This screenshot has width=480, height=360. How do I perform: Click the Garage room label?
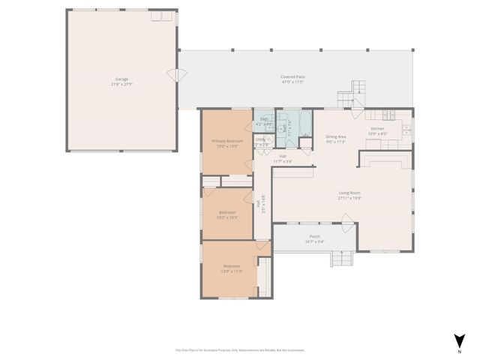[x=121, y=79]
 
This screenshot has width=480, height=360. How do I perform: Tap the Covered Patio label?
[x=292, y=77]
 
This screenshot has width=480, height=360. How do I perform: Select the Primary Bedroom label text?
[x=226, y=141]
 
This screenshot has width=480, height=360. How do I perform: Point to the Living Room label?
[x=349, y=193]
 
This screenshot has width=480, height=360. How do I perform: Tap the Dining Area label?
[x=335, y=136]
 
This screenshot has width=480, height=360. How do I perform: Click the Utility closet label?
[x=260, y=139]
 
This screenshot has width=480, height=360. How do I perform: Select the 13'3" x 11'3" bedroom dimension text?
[x=232, y=271]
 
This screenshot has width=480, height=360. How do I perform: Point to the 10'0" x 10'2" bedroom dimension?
[x=228, y=217]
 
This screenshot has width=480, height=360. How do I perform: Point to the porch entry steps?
[x=342, y=259]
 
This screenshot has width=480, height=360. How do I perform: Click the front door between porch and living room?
[x=347, y=220]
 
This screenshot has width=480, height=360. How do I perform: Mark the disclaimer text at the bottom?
[x=239, y=350]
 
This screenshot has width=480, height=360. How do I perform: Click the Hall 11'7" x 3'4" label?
[x=282, y=158]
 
